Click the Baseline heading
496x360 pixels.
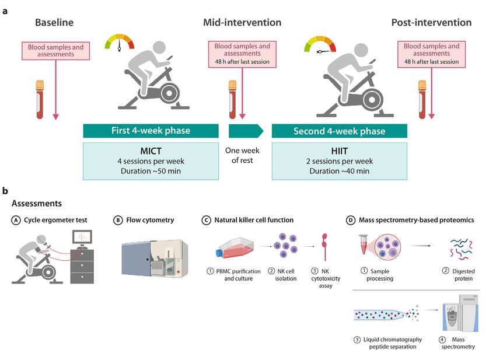[54, 22]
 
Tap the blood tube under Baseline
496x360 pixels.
[40, 100]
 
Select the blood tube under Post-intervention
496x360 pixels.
[422, 100]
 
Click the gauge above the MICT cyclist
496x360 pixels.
[120, 43]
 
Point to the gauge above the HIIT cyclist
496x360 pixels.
[320, 44]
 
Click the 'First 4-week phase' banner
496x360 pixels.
[151, 131]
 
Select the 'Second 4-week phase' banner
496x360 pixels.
[340, 131]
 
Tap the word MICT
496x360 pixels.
[151, 151]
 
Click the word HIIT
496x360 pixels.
[340, 151]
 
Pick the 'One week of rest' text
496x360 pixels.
[242, 155]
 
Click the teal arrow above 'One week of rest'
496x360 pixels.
[246, 131]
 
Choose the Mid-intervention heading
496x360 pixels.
[242, 22]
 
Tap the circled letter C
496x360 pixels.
[206, 220]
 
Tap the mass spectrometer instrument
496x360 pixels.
[460, 313]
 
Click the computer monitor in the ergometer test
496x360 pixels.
[82, 237]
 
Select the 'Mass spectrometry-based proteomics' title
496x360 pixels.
[416, 220]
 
